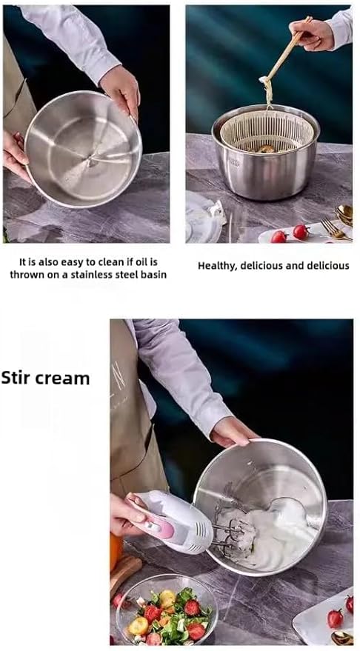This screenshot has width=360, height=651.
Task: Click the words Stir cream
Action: point(45,378)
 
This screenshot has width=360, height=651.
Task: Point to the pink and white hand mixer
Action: point(171,521)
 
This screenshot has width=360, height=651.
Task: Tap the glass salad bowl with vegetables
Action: point(166,610)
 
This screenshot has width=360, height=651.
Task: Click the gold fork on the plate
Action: point(336,230)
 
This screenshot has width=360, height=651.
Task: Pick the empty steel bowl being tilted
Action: point(83,149)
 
